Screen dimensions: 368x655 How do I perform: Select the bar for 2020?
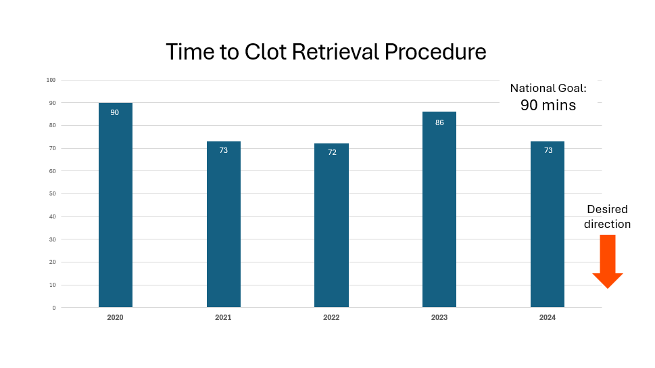tap(115, 210)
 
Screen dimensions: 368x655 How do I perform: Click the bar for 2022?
tap(331, 230)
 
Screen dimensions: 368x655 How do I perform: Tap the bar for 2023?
tap(439, 216)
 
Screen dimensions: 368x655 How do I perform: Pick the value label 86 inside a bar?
tap(439, 122)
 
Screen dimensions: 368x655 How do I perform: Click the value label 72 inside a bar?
tap(332, 152)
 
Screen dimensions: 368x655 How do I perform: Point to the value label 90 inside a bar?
tap(115, 112)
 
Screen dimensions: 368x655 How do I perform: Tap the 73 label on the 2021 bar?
tap(224, 150)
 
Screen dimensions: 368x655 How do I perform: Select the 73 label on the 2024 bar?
tap(548, 150)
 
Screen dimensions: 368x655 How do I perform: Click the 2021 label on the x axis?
tap(223, 317)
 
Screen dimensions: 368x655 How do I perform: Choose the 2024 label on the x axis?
tap(548, 317)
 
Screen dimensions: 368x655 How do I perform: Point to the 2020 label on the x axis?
tap(115, 317)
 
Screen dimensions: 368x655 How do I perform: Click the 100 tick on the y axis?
tap(51, 80)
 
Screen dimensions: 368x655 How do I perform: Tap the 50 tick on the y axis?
tap(52, 194)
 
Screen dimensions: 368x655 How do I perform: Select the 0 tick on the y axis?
tap(54, 308)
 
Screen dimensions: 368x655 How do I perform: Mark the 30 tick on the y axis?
tap(52, 239)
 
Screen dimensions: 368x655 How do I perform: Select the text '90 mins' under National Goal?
tap(548, 106)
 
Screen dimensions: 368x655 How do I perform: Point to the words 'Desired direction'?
tap(607, 216)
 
